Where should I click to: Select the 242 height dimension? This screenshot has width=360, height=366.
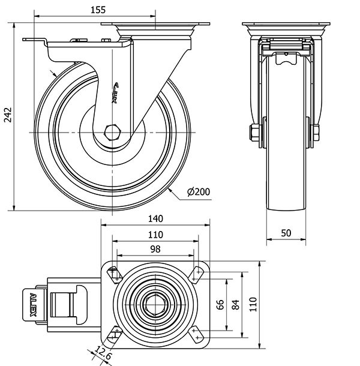pos(8,116)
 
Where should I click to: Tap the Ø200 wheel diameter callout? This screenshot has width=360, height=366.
pos(198,192)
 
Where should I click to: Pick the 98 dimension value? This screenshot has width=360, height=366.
pos(155,249)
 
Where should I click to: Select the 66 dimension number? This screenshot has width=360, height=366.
pos(220,304)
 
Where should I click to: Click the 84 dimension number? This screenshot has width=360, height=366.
pos(235,304)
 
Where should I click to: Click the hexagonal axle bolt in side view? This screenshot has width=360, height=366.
pos(112,131)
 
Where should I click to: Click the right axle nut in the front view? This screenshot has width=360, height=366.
pos(315,131)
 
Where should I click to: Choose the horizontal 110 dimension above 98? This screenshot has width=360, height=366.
pos(155,235)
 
